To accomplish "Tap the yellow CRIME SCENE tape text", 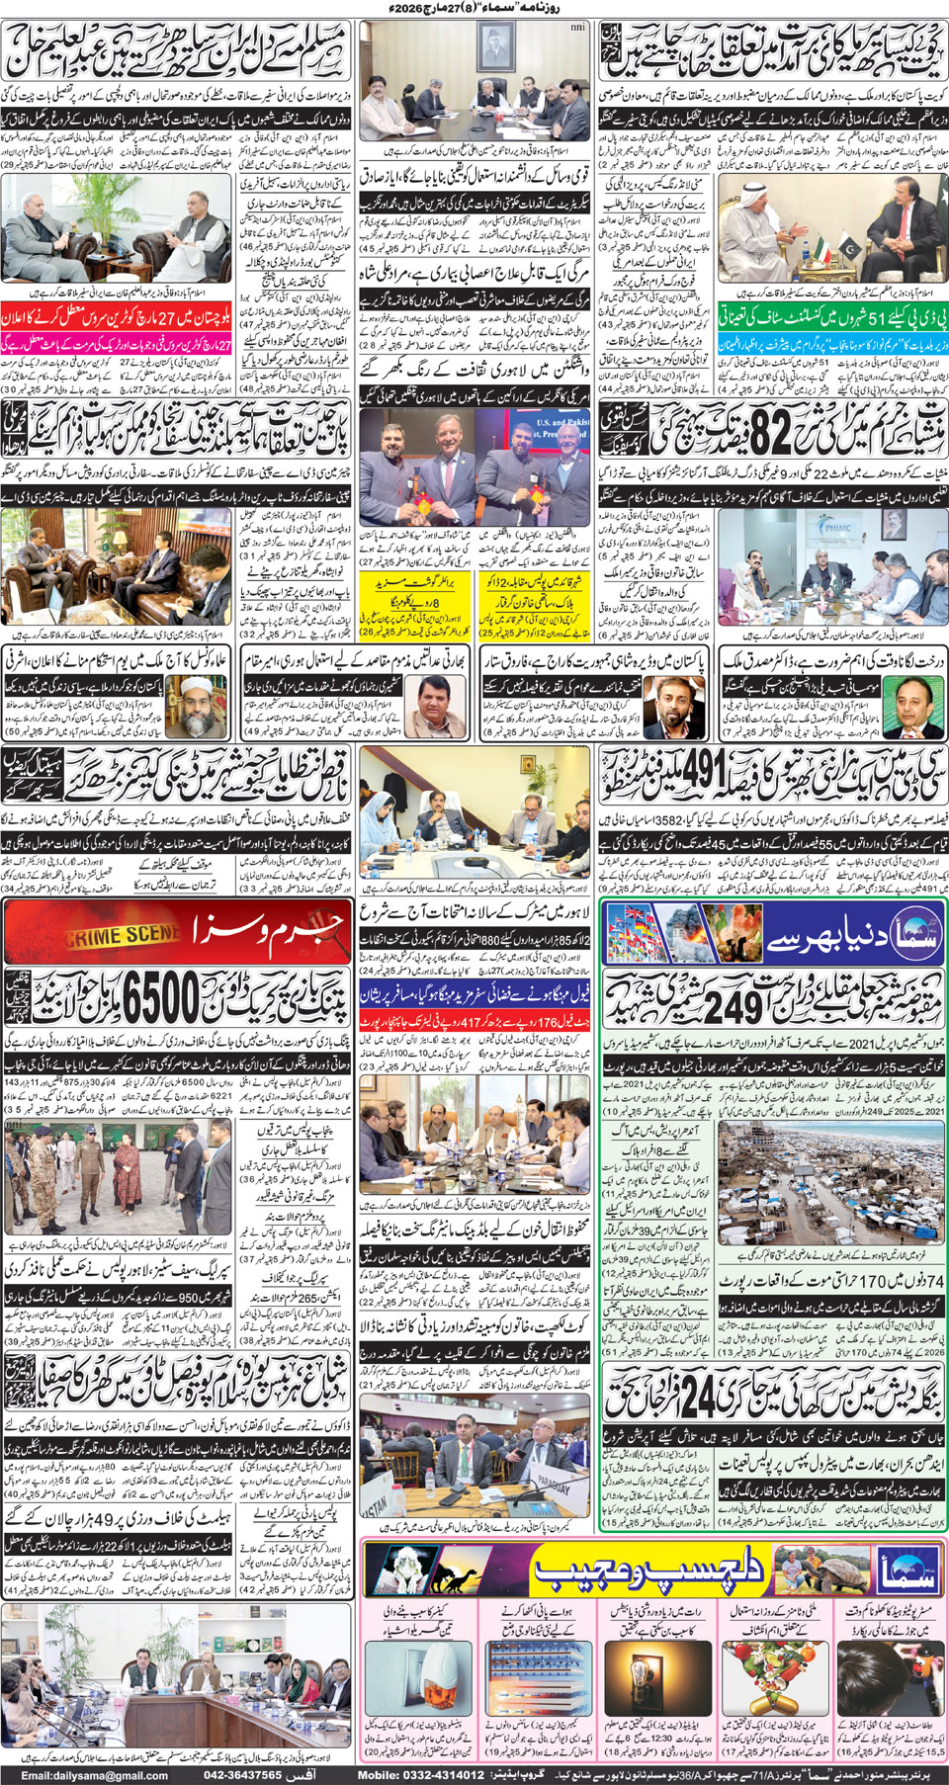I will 110,935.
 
